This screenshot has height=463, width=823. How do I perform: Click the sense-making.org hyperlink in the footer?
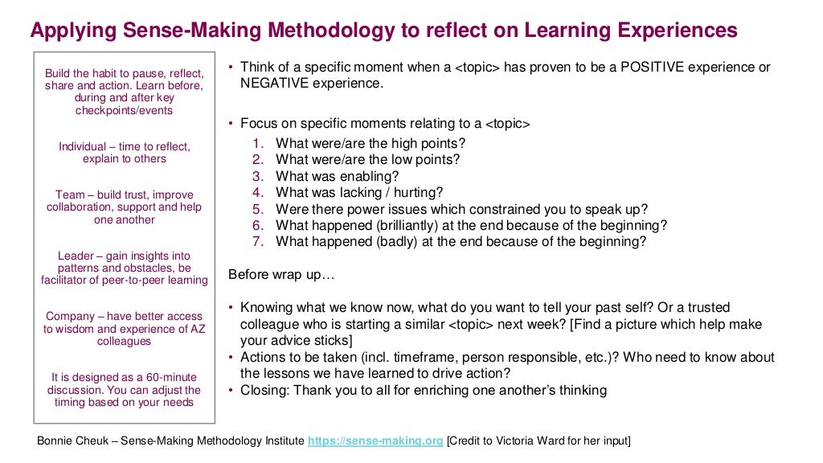click(x=375, y=440)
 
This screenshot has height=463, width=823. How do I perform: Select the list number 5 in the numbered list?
click(x=257, y=208)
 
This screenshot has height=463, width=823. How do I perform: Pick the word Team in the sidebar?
click(x=70, y=195)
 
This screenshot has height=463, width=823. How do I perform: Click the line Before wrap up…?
click(x=281, y=275)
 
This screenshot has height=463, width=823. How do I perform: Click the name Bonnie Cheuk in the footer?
click(x=72, y=440)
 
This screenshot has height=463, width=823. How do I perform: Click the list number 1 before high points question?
click(x=257, y=144)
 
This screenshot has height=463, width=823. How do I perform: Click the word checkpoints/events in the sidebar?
click(x=124, y=110)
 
